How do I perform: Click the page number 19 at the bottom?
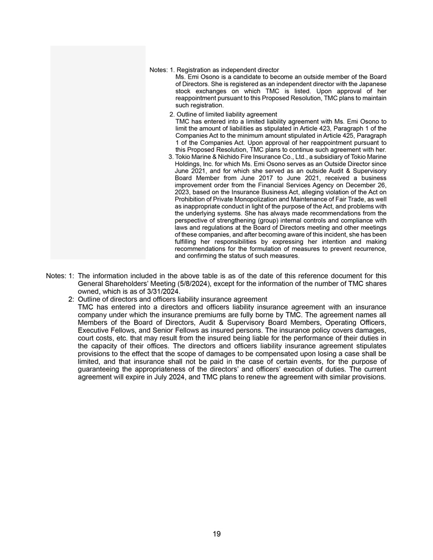pyautogui.click(x=216, y=534)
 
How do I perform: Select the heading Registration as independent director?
pyautogui.click(x=228, y=70)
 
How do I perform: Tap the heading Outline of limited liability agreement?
pyautogui.click(x=227, y=115)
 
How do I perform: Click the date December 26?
pyautogui.click(x=368, y=185)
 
